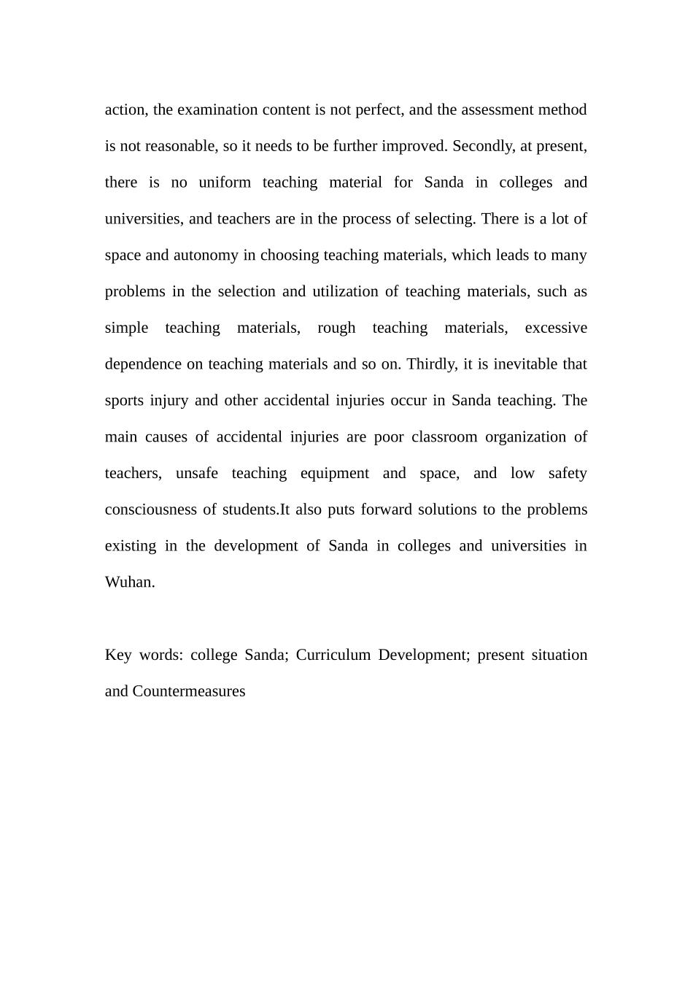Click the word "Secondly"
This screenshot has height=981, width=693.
click(481, 146)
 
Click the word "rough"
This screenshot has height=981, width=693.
click(336, 328)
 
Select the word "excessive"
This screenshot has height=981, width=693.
click(556, 328)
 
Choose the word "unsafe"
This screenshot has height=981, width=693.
click(197, 474)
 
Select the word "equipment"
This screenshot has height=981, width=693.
click(335, 474)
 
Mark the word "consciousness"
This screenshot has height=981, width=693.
click(150, 509)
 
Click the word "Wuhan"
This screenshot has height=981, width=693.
click(128, 582)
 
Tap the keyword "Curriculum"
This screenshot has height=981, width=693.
click(333, 655)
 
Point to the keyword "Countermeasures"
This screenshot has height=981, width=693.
click(189, 691)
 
